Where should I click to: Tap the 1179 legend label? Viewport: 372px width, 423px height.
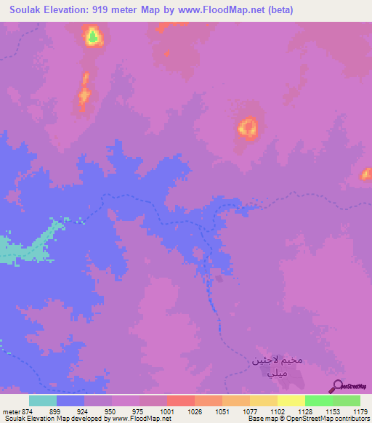pos(359,411)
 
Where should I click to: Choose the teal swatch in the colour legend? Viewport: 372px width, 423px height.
pos(43,400)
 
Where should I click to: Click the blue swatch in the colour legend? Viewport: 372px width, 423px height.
pos(70,400)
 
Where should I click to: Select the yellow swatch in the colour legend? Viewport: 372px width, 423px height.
pos(291,400)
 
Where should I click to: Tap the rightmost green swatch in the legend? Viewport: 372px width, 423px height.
pos(347,400)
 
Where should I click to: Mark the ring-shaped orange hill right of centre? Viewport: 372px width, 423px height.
pos(248,129)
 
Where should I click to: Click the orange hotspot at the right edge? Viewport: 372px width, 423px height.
pos(366,174)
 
